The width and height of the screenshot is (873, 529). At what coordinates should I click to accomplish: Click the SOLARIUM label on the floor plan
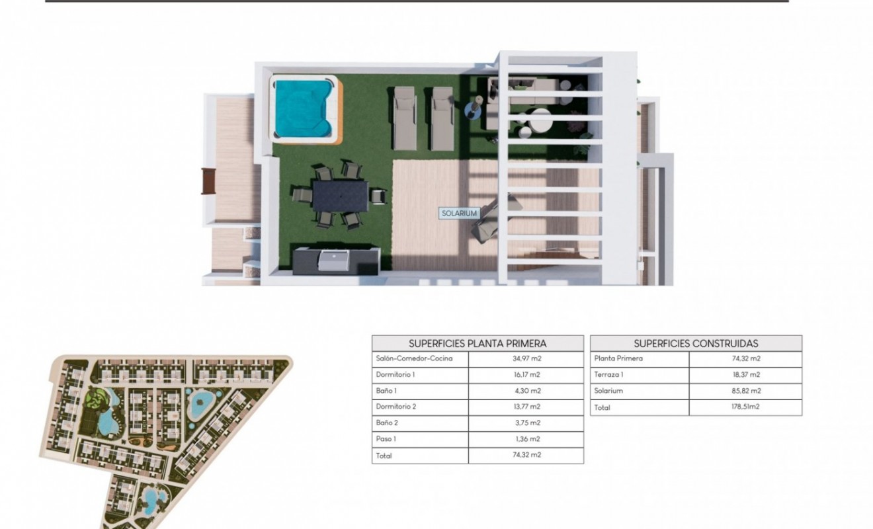[x=459, y=214]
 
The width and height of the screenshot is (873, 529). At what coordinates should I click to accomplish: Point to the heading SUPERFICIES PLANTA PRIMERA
[x=478, y=343]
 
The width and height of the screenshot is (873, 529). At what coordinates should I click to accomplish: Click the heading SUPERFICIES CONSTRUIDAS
[x=696, y=343]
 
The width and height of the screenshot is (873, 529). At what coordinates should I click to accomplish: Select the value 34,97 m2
[x=526, y=359]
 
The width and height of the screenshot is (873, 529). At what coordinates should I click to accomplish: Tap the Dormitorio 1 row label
[x=395, y=375]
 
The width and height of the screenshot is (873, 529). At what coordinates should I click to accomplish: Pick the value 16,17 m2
[x=526, y=375]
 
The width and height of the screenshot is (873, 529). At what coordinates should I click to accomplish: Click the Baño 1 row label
[x=387, y=391]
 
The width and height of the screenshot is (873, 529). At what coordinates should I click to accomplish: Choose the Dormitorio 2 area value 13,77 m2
[x=526, y=407]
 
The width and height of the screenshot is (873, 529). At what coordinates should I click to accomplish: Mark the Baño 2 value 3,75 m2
[x=526, y=423]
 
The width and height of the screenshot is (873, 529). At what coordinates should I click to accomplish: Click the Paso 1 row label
[x=386, y=439]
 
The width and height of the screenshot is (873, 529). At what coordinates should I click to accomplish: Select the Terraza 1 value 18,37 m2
[x=746, y=375]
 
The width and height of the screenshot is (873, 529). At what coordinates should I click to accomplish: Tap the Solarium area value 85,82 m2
[x=746, y=391]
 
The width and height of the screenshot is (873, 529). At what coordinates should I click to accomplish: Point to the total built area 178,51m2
[x=746, y=407]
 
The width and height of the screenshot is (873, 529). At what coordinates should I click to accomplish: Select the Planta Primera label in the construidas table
[x=618, y=359]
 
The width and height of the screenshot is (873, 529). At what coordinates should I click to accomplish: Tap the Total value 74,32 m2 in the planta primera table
[x=526, y=456]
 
